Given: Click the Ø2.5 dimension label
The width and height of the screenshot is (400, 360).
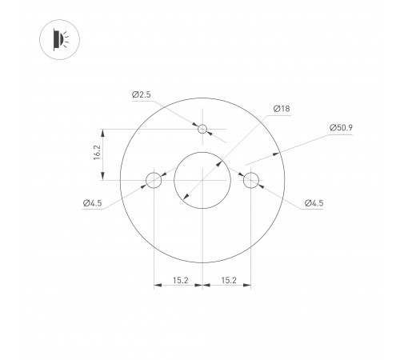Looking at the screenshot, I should pos(142,95).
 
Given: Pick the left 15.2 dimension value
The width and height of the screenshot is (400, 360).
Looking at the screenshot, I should pos(178,280).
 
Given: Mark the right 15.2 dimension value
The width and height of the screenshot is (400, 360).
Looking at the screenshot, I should pos(228,280).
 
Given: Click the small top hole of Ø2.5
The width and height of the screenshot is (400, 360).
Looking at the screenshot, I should pos(203,129).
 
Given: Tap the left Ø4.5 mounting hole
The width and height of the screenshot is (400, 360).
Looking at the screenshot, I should pos(153,180).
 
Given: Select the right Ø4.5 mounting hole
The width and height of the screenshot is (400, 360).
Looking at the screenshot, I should pos(252,180).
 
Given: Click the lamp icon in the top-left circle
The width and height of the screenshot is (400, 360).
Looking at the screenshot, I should pos(58,39).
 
